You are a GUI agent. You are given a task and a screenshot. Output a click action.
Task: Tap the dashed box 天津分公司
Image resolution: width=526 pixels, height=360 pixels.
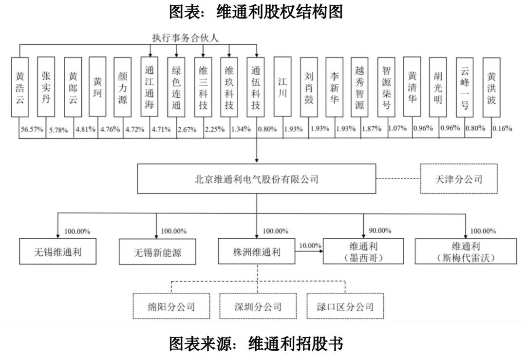pyautogui.click(x=459, y=179)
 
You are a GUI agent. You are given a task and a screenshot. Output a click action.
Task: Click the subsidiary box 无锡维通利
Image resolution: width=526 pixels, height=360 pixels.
pyautogui.click(x=58, y=252)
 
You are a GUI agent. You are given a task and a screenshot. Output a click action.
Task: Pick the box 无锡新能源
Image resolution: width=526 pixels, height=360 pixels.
pyautogui.click(x=158, y=252)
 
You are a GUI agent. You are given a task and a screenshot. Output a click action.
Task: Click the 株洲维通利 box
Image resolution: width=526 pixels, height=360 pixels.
pyautogui.click(x=256, y=252)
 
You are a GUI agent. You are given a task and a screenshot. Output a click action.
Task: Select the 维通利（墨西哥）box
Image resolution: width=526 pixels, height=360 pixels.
pyautogui.click(x=363, y=251)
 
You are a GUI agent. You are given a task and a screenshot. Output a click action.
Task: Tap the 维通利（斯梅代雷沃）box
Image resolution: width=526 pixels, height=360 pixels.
pyautogui.click(x=466, y=251)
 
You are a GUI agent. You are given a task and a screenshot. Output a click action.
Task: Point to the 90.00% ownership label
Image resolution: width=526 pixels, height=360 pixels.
pyautogui.click(x=380, y=230)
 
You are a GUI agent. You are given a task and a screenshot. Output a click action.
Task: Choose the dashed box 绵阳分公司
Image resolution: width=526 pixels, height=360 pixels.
pyautogui.click(x=171, y=306)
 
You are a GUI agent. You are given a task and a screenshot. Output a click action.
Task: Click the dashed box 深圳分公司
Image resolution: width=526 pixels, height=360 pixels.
pyautogui.click(x=258, y=306)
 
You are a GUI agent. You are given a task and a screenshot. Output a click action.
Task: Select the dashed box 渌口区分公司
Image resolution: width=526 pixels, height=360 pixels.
pyautogui.click(x=345, y=306)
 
